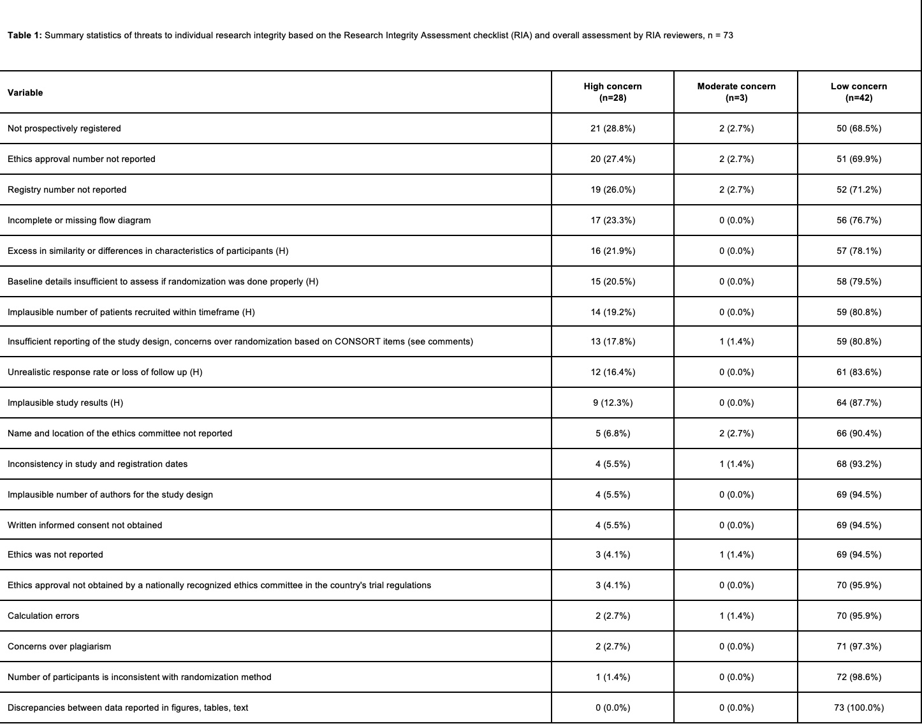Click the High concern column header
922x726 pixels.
point(612,92)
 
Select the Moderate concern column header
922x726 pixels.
point(736,92)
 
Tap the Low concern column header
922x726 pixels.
point(858,92)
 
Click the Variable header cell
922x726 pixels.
point(26,93)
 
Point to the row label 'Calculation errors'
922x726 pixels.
point(43,616)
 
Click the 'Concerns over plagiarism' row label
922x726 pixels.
point(59,646)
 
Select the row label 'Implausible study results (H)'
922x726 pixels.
point(65,403)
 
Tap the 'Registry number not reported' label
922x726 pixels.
point(67,189)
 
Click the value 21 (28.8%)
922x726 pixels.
point(612,128)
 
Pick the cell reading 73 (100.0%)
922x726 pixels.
point(858,707)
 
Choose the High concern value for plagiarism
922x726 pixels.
point(612,646)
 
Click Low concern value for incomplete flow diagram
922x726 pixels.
point(858,220)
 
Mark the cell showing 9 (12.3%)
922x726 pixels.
point(612,403)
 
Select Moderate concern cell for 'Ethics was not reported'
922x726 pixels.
point(736,554)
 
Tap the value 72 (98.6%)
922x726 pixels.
point(858,677)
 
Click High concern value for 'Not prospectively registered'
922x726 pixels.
point(612,128)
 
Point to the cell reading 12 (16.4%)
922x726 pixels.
point(612,372)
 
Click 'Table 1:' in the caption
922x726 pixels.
point(25,35)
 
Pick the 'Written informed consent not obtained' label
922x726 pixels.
point(85,525)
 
